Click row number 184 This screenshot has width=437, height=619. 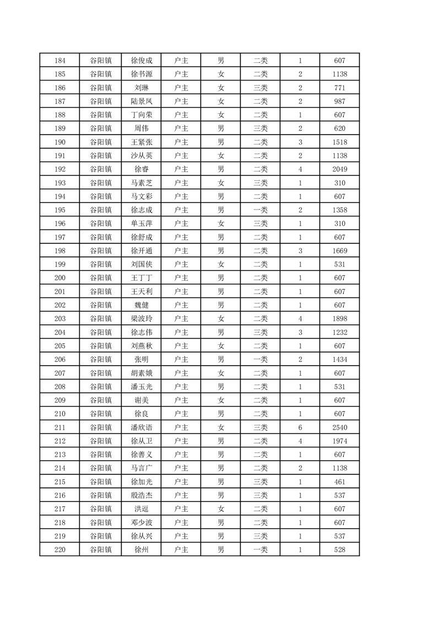[60, 61]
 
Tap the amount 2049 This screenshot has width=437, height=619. [339, 169]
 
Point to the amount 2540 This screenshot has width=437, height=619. [339, 428]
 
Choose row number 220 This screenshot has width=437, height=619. [60, 550]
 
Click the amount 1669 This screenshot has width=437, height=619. [339, 251]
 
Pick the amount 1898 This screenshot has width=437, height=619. [339, 319]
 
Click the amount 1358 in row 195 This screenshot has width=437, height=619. [339, 210]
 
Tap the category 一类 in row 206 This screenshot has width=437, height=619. [261, 360]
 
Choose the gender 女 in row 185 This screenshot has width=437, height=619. [221, 74]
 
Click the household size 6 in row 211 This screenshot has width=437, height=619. [300, 428]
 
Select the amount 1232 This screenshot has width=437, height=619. [339, 333]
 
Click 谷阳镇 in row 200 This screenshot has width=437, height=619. [101, 278]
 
